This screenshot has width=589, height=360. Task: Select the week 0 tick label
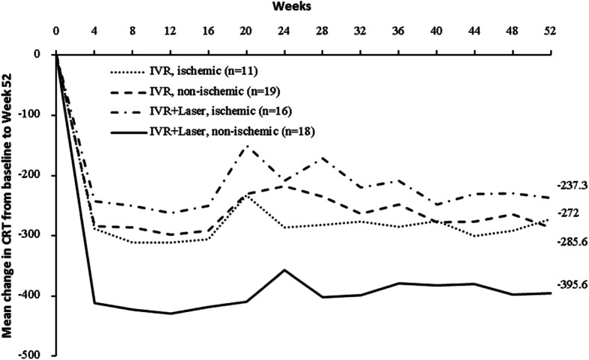tap(56, 32)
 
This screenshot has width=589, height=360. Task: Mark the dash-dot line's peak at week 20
tap(247, 145)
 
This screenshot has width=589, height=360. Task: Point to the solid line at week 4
tap(94, 303)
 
